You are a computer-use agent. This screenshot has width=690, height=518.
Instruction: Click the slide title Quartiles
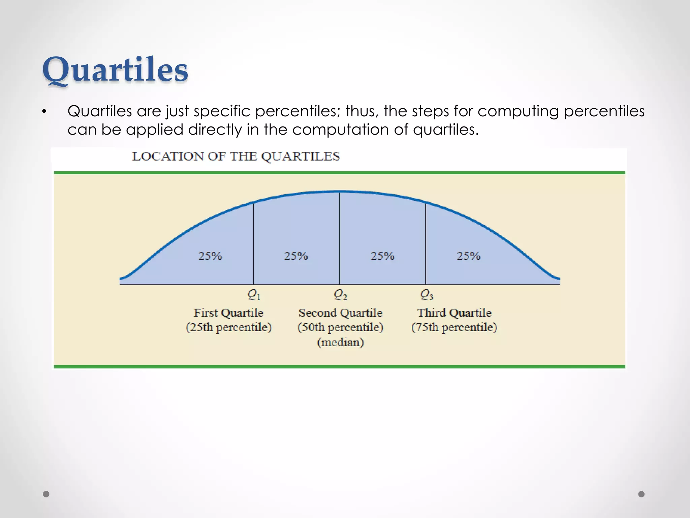[115, 70]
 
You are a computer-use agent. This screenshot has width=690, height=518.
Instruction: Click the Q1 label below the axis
[254, 295]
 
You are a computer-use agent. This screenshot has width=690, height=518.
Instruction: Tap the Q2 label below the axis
[340, 295]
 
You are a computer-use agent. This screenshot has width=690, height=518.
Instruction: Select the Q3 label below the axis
[426, 295]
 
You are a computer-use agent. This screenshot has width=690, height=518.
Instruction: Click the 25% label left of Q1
[210, 256]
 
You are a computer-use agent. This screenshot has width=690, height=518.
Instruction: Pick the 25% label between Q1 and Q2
[296, 256]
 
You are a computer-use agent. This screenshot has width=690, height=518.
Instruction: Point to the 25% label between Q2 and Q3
[382, 256]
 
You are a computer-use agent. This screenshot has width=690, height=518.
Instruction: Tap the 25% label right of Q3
[468, 256]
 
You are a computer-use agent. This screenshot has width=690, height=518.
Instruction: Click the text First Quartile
[228, 313]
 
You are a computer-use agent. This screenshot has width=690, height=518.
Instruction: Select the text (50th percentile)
[340, 327]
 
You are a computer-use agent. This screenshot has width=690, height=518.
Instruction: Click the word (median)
[340, 343]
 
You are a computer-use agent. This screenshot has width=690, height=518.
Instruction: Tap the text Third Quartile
[454, 313]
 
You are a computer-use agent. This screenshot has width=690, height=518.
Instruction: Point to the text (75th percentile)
[454, 327]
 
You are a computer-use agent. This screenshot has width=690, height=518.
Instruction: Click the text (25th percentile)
[228, 327]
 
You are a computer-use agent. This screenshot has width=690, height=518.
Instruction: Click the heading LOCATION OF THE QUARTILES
[236, 156]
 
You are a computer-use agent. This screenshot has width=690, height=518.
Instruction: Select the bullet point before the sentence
[44, 112]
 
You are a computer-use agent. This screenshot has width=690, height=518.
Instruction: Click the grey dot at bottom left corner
[46, 494]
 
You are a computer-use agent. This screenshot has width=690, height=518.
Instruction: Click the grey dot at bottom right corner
[641, 494]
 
